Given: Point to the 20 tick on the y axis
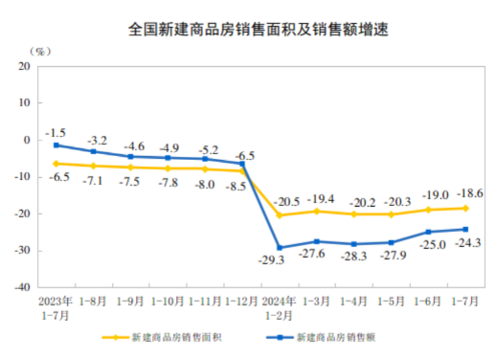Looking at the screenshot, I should point(24,66).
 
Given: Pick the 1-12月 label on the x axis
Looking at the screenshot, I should point(242,300).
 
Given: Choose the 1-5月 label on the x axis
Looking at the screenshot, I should point(392,300).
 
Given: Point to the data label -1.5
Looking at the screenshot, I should point(56,132).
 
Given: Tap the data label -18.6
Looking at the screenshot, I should point(465,192).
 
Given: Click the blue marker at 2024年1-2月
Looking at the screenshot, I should point(280,247).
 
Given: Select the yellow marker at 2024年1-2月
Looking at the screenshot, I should point(280,214).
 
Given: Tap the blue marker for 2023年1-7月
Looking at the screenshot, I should point(56,145).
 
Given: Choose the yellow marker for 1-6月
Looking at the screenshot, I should point(428,210).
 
